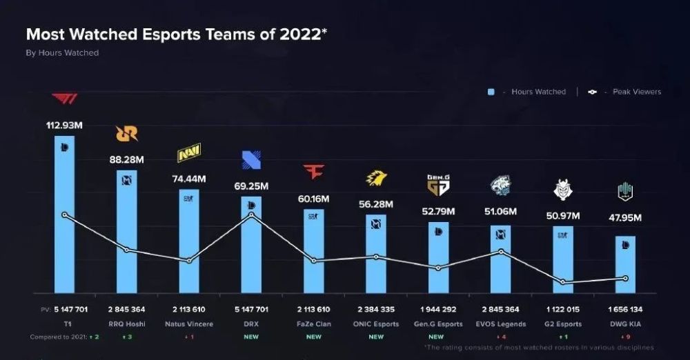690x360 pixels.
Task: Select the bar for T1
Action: (64, 214)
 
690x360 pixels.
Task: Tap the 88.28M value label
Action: (126, 159)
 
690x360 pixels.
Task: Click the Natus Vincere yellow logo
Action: (188, 153)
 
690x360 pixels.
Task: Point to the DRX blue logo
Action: (251, 161)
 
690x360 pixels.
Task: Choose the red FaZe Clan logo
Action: (313, 171)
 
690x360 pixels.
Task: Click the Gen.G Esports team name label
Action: (437, 324)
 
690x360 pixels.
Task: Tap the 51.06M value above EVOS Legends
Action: (500, 212)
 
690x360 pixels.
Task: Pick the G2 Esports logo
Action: (562, 188)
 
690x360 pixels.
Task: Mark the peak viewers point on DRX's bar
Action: (251, 214)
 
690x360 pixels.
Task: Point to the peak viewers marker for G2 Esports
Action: (562, 282)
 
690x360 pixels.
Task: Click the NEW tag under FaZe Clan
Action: (313, 337)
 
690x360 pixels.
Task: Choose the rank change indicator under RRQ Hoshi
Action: (126, 337)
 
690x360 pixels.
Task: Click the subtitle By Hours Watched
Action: (62, 53)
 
